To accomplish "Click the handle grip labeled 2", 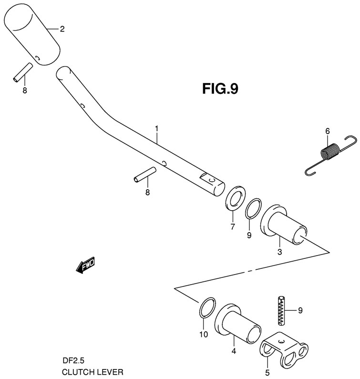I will tap(32, 36).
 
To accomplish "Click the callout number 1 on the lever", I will tap(156, 129).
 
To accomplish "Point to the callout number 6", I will tap(328, 131).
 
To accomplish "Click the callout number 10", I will tap(204, 335).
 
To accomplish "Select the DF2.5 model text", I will tap(72, 361).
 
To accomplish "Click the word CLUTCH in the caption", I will tap(76, 370).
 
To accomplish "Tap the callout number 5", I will tap(267, 372).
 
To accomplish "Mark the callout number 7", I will tap(232, 226).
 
